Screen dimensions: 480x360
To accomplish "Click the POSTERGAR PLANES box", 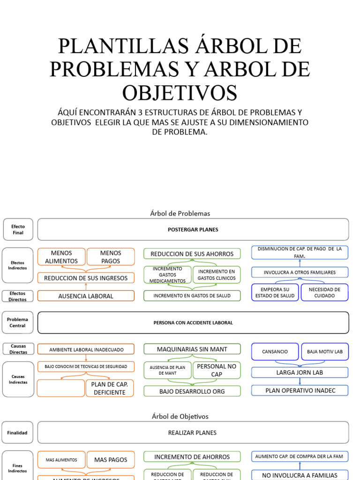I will pos(193,230).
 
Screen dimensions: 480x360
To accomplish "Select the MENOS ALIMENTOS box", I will pos(61,257).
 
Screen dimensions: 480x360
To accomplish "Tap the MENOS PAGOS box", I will pos(111,257).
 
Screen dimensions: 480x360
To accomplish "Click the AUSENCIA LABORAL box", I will pos(86,296).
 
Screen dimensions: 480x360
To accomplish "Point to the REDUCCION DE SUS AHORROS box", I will pos(192,254).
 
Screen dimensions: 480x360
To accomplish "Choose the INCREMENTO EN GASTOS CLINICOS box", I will pos(216,275).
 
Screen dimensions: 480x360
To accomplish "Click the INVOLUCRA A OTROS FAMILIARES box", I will pos(300,272).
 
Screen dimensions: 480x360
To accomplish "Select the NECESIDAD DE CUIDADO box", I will pos(324,292).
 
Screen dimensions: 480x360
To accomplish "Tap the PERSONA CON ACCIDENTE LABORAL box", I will pos(193,322).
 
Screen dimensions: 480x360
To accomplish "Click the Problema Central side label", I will pos(17,322).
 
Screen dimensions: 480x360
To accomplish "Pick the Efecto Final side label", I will pos(17,229).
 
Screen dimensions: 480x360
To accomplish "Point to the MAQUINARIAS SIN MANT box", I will pos(192,349).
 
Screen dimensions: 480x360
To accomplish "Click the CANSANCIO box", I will pos(275,352).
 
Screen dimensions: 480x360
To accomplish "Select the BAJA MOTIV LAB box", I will pos(324,352).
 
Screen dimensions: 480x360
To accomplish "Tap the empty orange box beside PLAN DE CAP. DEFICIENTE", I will pos(60,388).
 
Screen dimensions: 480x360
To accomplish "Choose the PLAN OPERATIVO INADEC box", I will pos(300,390).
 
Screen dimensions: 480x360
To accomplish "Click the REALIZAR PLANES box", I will pos(193,433).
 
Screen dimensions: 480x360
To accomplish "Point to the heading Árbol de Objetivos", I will pos(180,416).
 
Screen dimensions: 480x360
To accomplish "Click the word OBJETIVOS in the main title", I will pos(180,92).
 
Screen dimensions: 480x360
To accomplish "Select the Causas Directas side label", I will pos(17,349).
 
